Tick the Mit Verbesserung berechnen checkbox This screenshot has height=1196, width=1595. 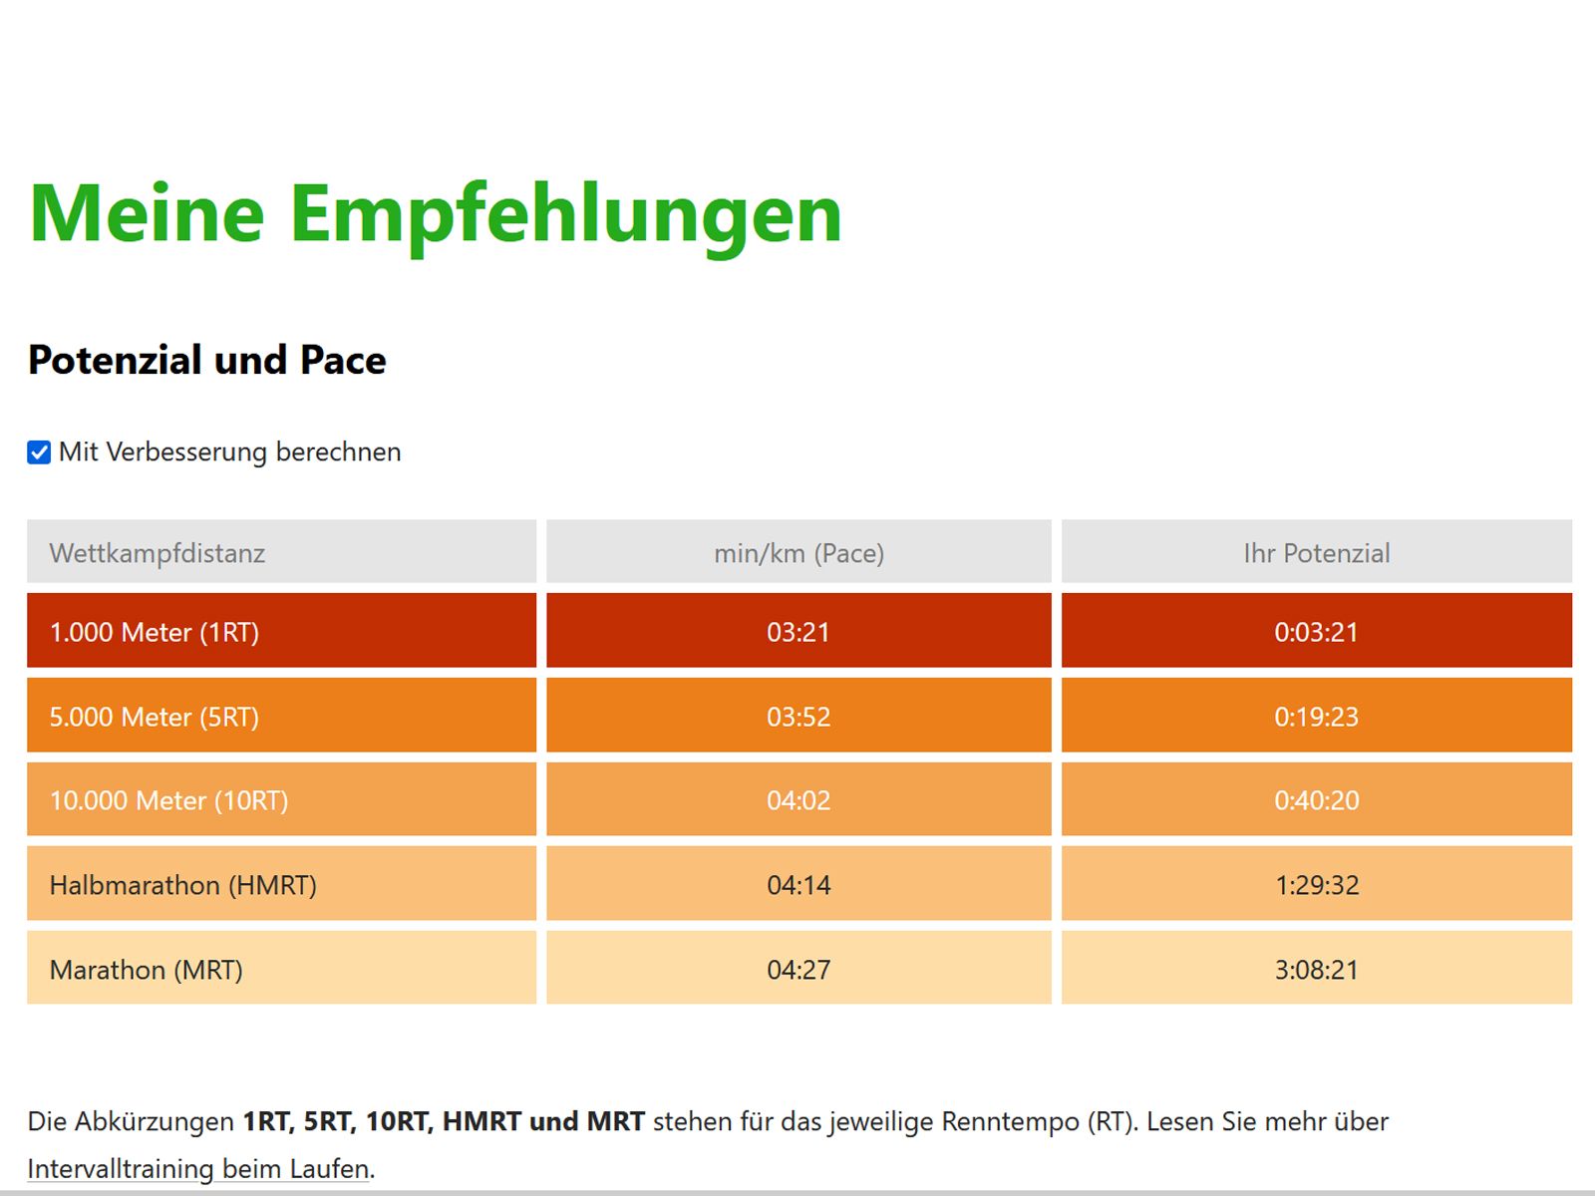39,452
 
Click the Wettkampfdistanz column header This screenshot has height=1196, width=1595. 158,553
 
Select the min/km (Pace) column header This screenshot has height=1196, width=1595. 798,553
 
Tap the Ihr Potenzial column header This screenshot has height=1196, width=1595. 1316,553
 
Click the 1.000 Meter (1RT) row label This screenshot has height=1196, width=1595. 155,632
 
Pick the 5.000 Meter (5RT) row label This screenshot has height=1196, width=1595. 155,717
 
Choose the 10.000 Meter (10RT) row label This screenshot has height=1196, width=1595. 168,800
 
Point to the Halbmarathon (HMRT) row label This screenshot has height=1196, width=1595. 183,885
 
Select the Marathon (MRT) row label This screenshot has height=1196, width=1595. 147,970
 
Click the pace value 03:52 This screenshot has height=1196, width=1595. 798,717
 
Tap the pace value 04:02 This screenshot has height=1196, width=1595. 798,800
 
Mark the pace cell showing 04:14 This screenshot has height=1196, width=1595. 798,885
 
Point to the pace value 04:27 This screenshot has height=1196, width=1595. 798,970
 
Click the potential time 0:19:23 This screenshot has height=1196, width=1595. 1316,717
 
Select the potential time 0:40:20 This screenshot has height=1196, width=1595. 1316,800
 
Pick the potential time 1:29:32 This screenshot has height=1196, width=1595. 1316,885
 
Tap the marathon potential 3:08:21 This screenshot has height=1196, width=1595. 1316,970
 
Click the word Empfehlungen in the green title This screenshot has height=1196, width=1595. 566,214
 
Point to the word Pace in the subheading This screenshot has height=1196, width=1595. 343,360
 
